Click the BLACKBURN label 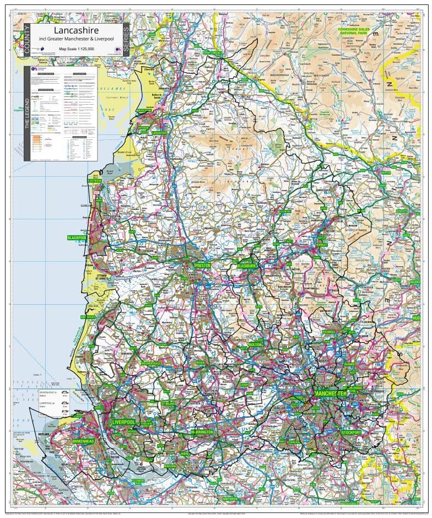247,265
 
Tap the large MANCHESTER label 330,393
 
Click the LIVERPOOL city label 123,422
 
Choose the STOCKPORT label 352,433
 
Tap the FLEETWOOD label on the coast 94,180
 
